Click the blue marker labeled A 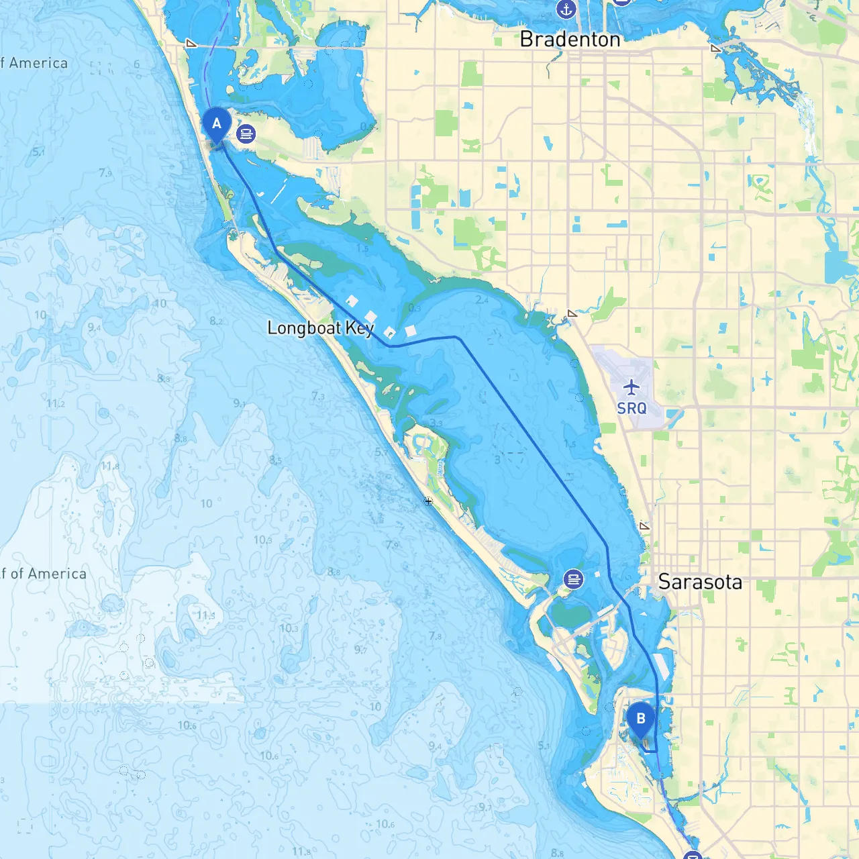coord(217,124)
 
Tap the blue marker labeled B coord(641,719)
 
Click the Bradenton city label coord(570,40)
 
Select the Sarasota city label coord(700,582)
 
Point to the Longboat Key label coord(320,328)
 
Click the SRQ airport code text coord(631,408)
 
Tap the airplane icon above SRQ coord(631,387)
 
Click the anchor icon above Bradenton coord(566,9)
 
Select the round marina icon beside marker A coord(246,134)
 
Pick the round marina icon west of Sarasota coord(573,578)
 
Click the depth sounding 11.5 coord(206,615)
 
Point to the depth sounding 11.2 coord(56,403)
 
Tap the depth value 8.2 coord(216,321)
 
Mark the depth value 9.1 coord(240,403)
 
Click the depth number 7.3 coord(318,397)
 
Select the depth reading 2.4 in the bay coord(482,300)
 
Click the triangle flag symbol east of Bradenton coord(716,48)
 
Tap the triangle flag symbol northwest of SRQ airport coord(572,313)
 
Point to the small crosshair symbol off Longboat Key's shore coord(428,501)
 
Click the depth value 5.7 coord(381,452)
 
